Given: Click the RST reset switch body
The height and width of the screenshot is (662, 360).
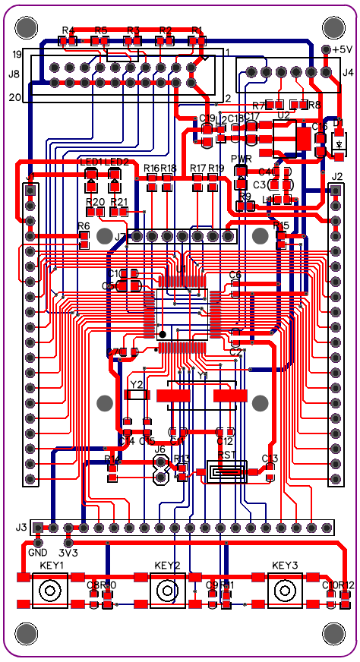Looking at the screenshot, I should click(x=227, y=473).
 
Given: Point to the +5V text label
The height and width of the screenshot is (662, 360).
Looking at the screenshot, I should click(x=343, y=49).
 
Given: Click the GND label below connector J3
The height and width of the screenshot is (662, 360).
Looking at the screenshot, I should click(x=38, y=553).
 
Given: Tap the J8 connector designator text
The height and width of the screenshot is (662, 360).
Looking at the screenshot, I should click(x=14, y=74).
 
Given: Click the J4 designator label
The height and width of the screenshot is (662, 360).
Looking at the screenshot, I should click(x=348, y=73).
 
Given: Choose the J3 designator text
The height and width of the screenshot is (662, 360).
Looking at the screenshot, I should click(x=21, y=527).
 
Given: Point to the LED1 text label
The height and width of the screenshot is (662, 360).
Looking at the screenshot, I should click(x=91, y=162).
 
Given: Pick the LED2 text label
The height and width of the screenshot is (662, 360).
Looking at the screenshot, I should click(x=116, y=162).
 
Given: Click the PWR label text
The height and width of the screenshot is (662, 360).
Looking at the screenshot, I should click(x=241, y=159).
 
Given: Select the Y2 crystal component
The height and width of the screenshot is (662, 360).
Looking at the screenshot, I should click(x=137, y=395).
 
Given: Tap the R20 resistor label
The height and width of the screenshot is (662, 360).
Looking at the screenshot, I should click(x=95, y=202).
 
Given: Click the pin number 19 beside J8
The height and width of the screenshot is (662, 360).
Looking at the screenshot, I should click(x=17, y=55).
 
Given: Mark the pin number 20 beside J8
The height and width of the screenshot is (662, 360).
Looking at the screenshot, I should click(x=17, y=97).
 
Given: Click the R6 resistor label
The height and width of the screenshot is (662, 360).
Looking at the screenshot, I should click(x=84, y=226).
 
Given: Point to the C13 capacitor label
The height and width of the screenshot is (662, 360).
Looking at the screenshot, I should click(x=270, y=458).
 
